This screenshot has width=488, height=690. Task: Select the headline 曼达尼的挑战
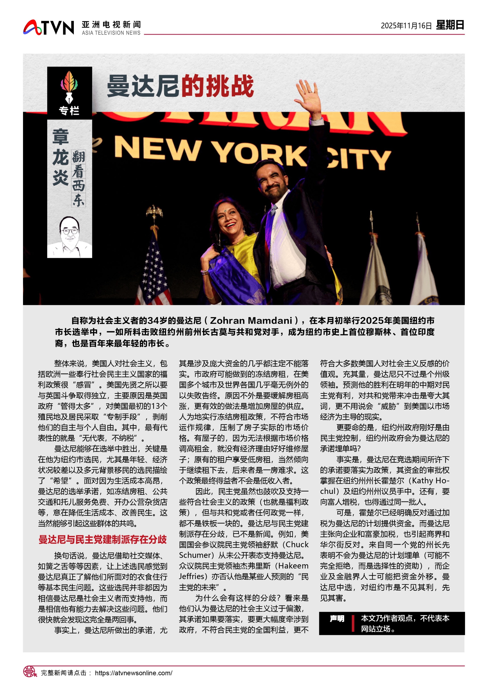(180, 86)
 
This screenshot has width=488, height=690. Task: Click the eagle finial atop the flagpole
(154, 212)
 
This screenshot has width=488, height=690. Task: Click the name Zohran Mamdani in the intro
(251, 321)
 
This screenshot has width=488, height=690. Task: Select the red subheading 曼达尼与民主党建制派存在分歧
(102, 539)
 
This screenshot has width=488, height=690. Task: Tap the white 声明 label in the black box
(337, 618)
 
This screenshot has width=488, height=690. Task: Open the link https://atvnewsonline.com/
(134, 673)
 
